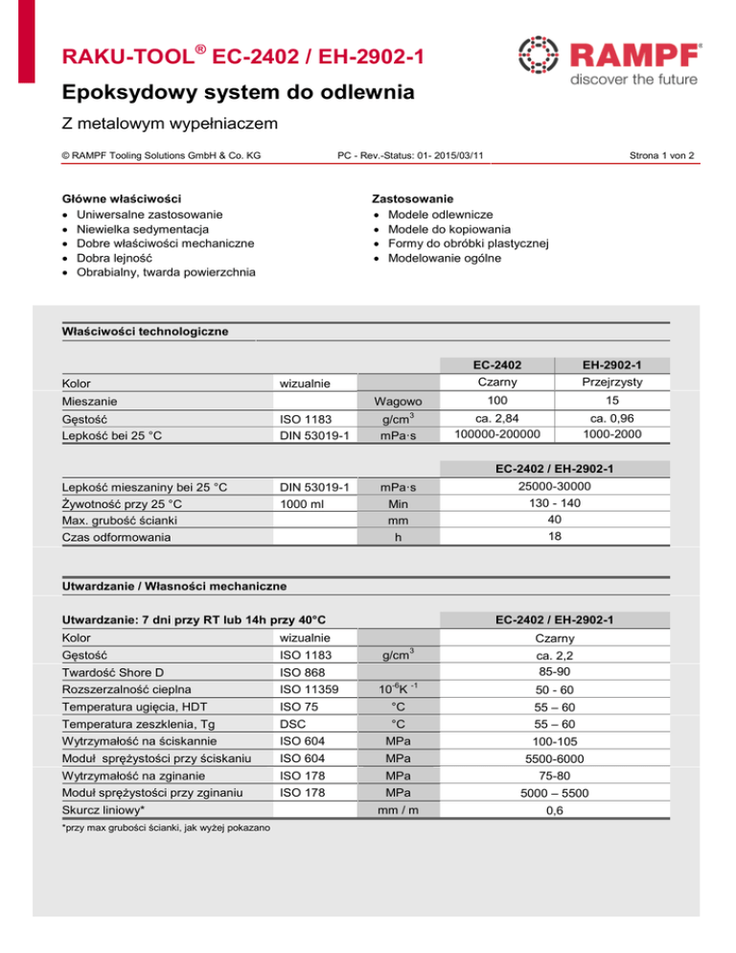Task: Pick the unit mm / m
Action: point(395,811)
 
